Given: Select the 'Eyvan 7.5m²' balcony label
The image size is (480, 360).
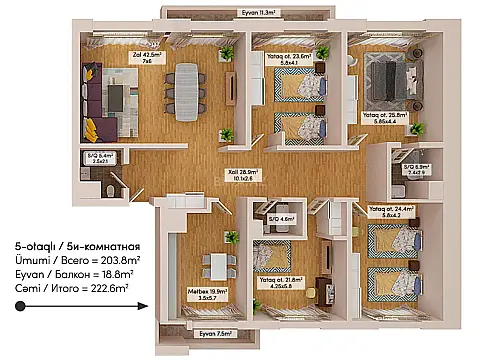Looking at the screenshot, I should (x=214, y=333).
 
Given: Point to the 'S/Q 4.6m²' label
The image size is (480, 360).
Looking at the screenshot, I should (x=280, y=219).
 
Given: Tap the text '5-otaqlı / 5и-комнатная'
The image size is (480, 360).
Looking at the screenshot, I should (x=76, y=244).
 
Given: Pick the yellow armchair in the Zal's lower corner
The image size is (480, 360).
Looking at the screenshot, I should (x=89, y=127).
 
